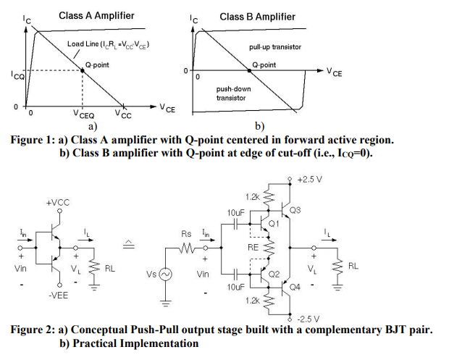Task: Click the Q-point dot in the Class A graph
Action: [x=82, y=70]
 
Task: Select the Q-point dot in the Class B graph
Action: [x=254, y=70]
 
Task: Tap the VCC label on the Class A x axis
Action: [x=122, y=114]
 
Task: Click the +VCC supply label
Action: [x=58, y=203]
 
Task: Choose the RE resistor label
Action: [x=253, y=247]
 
